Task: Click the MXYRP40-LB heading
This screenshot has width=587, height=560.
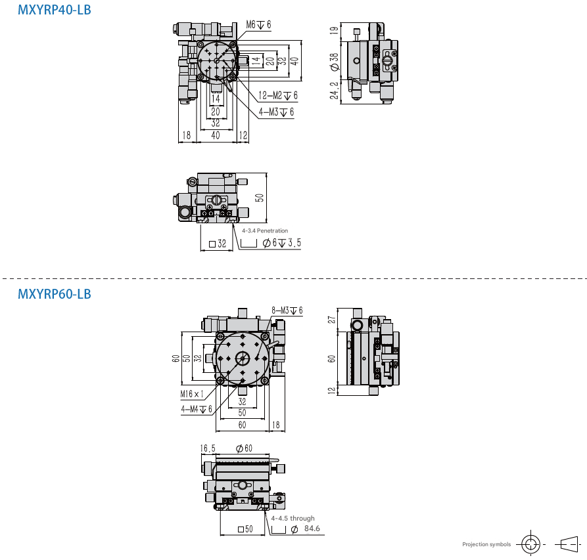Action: [x=55, y=10]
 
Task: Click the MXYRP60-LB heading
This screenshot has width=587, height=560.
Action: [x=55, y=294]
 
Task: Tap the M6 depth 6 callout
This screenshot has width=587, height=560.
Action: [x=258, y=25]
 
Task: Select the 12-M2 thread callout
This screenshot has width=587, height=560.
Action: [x=278, y=96]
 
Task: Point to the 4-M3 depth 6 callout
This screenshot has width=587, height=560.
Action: [x=276, y=112]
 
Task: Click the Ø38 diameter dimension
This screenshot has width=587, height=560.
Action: [x=335, y=62]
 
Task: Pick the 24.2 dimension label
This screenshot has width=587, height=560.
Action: [x=334, y=91]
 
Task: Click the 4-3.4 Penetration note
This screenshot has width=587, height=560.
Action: [x=265, y=230]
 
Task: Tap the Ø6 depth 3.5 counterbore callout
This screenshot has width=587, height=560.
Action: [x=281, y=243]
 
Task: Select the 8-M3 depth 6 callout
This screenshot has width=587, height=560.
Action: [x=287, y=311]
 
